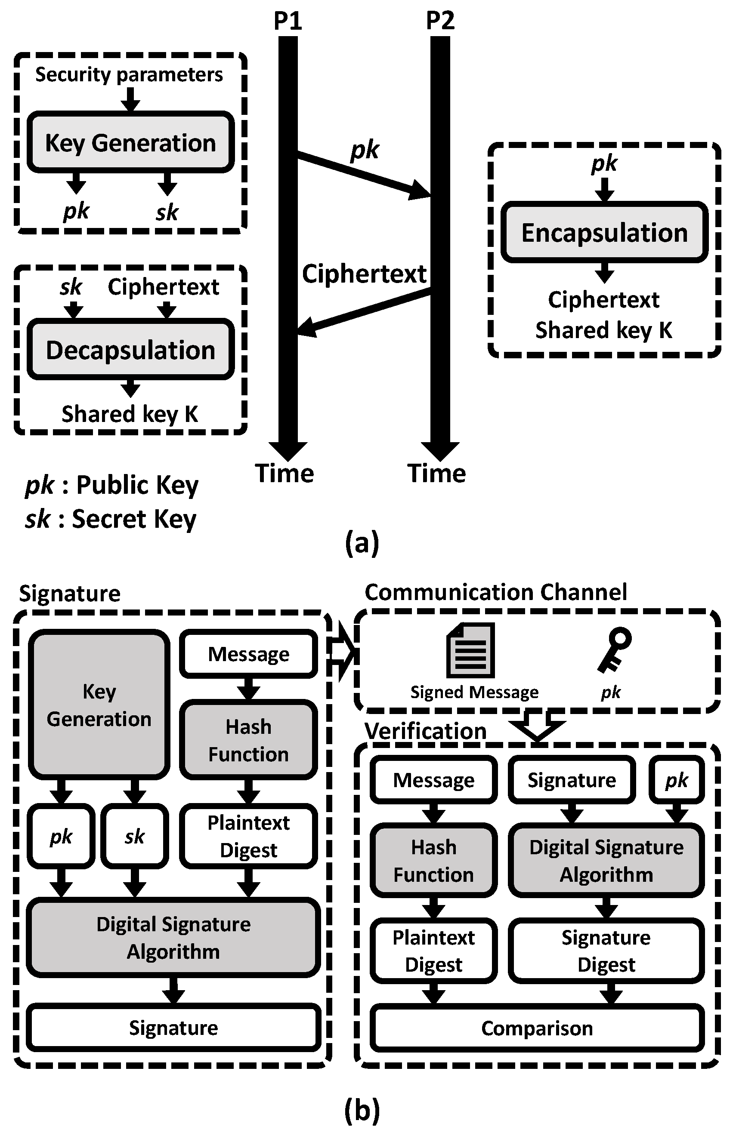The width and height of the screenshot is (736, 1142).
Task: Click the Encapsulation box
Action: (x=604, y=233)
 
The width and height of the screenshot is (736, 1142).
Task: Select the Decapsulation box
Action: (x=130, y=350)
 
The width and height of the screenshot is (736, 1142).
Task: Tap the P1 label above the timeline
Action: (x=288, y=21)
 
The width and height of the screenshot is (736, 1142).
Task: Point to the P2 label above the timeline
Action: (x=440, y=21)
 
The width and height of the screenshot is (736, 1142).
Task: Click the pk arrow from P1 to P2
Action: (x=363, y=174)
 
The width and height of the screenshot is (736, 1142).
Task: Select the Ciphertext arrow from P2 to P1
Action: (x=363, y=311)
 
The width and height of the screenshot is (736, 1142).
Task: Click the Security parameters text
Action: (x=129, y=74)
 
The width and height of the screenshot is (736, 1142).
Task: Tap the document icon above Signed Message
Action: (x=470, y=650)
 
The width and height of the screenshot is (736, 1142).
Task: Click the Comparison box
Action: (x=537, y=1028)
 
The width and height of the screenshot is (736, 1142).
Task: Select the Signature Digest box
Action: (x=606, y=951)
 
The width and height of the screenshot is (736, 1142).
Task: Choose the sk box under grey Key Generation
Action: (x=135, y=836)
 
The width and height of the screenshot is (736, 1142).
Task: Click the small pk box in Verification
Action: (x=676, y=780)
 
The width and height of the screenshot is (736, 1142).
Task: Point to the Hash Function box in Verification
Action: (x=433, y=861)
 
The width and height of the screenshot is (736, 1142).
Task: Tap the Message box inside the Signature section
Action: (x=248, y=654)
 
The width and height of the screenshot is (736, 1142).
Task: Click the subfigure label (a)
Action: (x=362, y=543)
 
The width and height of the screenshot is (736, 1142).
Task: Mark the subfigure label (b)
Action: (x=362, y=1110)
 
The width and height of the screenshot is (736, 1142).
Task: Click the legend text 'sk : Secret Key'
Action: (x=111, y=519)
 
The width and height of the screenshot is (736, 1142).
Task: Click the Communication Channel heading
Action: (x=495, y=592)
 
